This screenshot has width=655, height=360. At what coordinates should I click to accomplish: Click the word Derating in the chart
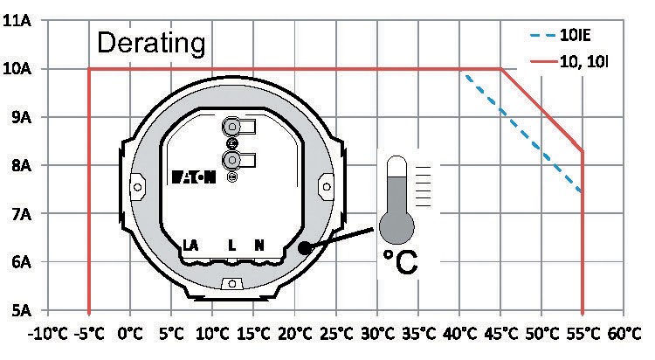(x=151, y=43)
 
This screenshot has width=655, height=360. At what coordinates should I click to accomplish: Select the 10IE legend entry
(x=560, y=35)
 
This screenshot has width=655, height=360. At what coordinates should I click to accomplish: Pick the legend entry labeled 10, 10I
(x=569, y=62)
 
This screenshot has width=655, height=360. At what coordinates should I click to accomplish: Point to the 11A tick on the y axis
(x=17, y=20)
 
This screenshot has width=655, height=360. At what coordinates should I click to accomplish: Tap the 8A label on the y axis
(x=21, y=165)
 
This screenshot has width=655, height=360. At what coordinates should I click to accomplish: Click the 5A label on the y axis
(x=21, y=311)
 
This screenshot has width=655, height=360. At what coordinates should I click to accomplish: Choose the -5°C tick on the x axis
(x=89, y=334)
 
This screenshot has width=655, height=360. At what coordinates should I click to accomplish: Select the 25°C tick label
(x=336, y=334)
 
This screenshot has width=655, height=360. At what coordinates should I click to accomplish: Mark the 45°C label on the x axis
(x=501, y=334)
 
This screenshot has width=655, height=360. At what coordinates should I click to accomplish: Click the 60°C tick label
(x=624, y=334)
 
